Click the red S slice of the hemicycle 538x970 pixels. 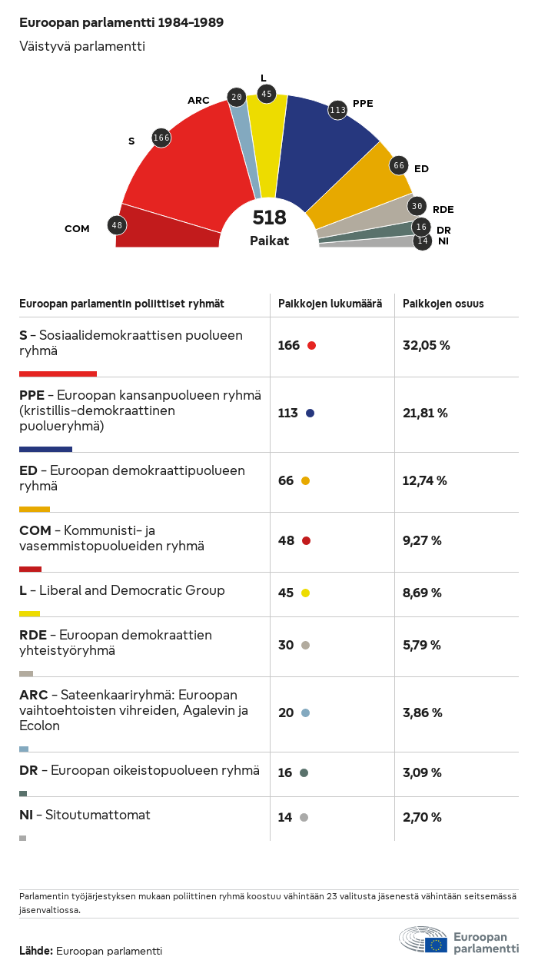coord(192,161)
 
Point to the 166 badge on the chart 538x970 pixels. coord(161,138)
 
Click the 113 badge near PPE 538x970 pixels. coord(337,110)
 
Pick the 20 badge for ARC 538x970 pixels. coord(237,97)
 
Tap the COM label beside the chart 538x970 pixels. coord(77,228)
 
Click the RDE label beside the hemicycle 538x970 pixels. coord(443,209)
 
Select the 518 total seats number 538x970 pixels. coord(269,218)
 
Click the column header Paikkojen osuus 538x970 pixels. coord(443,304)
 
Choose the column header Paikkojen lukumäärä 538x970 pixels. coord(330,304)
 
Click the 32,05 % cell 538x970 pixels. coord(426,345)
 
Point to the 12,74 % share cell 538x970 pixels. coord(425,480)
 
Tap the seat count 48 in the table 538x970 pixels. coord(287,540)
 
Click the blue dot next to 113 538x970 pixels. coord(310,413)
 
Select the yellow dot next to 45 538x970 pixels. coord(305,593)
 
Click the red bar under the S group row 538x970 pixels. coord(58,374)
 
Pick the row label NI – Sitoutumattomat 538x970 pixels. coord(85,814)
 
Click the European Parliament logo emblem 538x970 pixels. coord(423,939)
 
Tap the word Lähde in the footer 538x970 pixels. coord(35,951)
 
